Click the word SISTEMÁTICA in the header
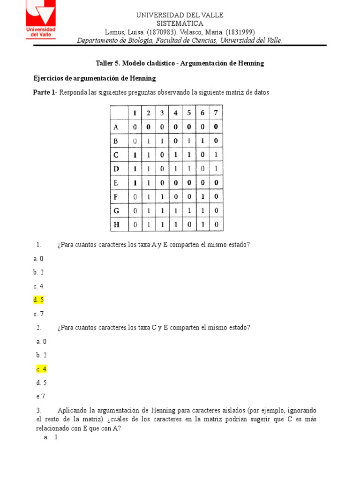180,23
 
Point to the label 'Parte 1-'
45,92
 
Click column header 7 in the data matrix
216,112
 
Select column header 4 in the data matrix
175,112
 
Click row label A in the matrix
116,127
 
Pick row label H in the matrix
116,225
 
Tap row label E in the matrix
116,183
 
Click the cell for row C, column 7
216,155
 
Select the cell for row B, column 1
135,141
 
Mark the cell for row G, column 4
175,211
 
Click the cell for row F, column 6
202,197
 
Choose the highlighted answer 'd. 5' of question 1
38,300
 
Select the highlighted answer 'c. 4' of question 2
41,369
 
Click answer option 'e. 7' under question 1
38,314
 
